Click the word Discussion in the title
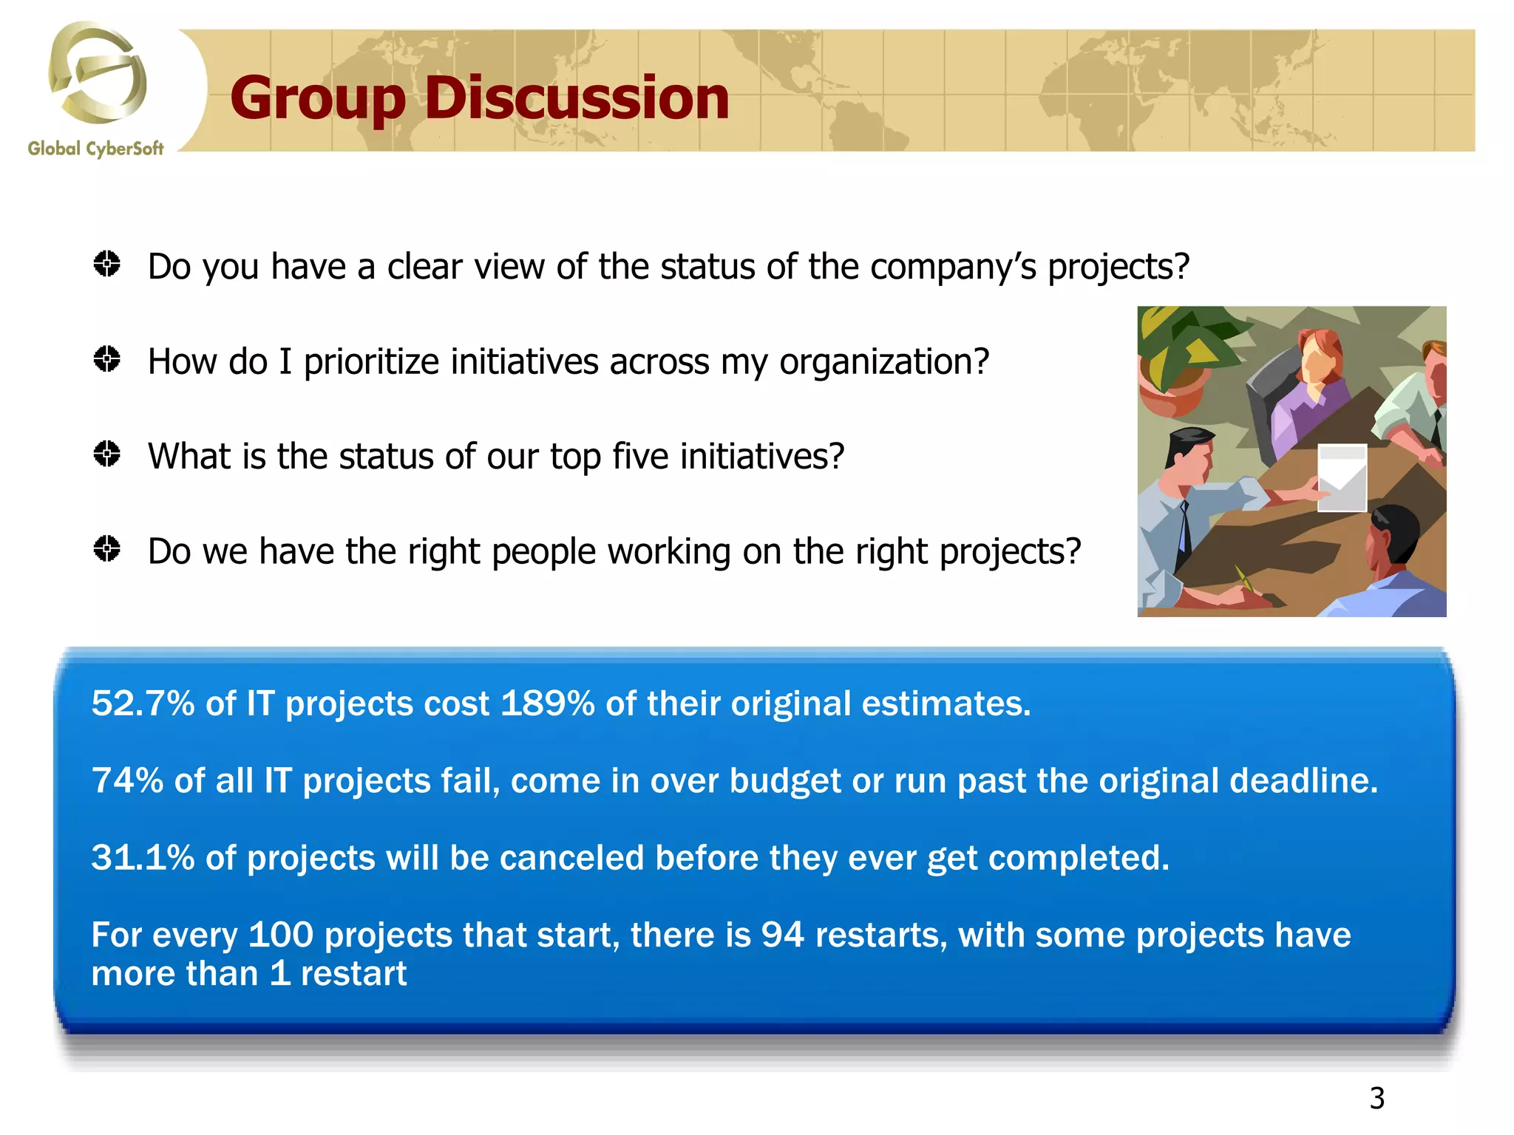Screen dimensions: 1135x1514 (x=577, y=98)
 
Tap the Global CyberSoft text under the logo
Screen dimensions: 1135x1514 (x=95, y=149)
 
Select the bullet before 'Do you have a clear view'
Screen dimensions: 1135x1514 (x=107, y=264)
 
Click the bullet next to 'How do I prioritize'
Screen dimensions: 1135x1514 (x=107, y=359)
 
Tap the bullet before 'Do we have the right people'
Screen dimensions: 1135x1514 (x=107, y=549)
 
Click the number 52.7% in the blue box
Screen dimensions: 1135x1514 (x=143, y=703)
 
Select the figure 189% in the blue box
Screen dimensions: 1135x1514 (x=547, y=703)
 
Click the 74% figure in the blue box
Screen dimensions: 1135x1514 (x=127, y=780)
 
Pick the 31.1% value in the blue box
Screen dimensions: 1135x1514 (x=143, y=858)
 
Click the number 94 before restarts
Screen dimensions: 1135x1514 (x=782, y=935)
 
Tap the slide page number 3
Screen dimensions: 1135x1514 (x=1376, y=1098)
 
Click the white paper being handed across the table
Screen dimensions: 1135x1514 (x=1342, y=477)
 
